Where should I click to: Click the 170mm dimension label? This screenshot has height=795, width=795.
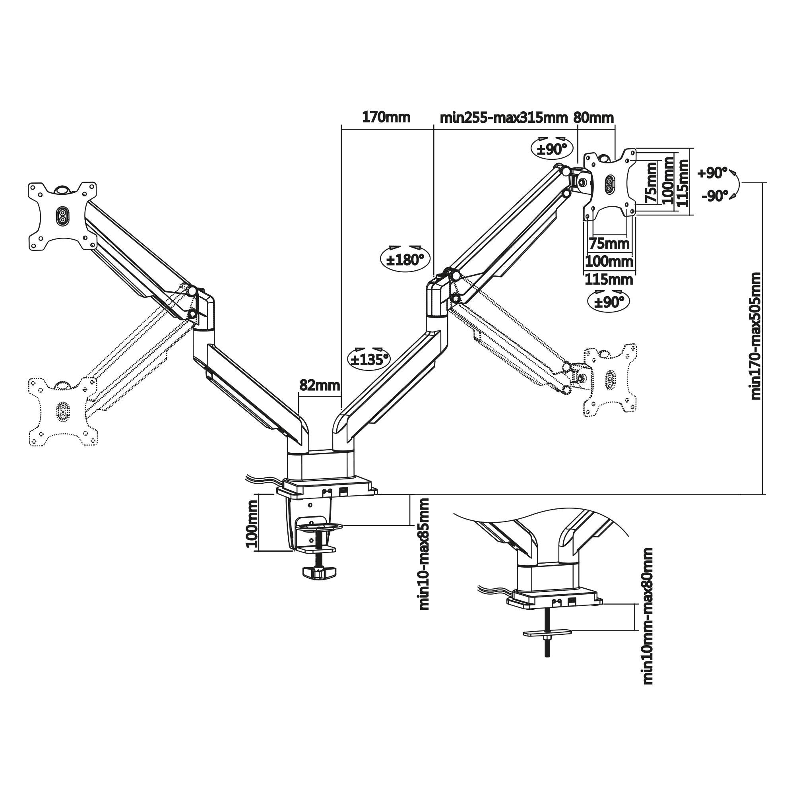[x=386, y=118]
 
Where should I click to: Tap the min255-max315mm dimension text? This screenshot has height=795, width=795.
[x=504, y=118]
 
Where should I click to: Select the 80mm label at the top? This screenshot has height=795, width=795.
[x=593, y=118]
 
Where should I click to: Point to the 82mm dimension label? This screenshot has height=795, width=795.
[x=320, y=386]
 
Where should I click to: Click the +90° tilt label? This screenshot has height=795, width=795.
[x=713, y=173]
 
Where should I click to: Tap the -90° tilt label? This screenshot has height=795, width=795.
[x=715, y=196]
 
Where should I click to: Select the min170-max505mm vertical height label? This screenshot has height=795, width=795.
[x=756, y=335]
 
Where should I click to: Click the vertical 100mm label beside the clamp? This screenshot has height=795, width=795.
[x=252, y=523]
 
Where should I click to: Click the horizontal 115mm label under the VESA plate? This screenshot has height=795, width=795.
[x=609, y=280]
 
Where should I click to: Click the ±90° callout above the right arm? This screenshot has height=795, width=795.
[x=554, y=149]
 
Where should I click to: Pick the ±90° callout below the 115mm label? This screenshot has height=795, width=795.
[x=609, y=302]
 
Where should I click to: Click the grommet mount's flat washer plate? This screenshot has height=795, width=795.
[x=547, y=644]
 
